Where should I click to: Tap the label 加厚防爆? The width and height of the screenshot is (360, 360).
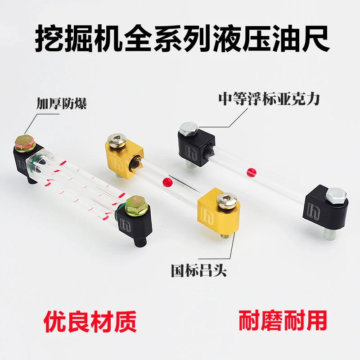(x=61, y=103)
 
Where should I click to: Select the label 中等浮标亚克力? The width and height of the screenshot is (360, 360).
(x=269, y=99)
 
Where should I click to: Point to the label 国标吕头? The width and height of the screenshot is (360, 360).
(x=199, y=271)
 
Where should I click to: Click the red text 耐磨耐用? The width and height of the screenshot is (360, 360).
(x=283, y=320)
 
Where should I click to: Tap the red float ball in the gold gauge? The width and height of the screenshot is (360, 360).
(x=167, y=182)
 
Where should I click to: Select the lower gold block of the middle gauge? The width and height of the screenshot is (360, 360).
(x=218, y=211)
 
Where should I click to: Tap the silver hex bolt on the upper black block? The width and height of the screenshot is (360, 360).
(x=189, y=129)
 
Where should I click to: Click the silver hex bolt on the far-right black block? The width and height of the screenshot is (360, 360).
(x=336, y=196)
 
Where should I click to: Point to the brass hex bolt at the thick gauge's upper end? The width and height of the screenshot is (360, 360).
(x=25, y=143)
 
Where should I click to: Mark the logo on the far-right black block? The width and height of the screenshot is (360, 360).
(x=314, y=211)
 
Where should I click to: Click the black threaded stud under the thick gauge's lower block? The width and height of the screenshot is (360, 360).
(x=141, y=242)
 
